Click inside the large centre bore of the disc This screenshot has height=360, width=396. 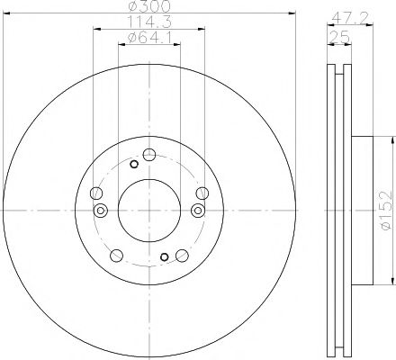[148, 208]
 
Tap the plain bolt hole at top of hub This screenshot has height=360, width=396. [149, 153]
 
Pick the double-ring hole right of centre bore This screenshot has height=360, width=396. [197, 210]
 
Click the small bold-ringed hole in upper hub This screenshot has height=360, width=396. [133, 164]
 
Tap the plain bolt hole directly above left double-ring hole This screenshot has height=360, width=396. [97, 192]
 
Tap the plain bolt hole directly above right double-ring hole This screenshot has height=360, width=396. [201, 192]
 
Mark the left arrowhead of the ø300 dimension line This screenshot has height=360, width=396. [7, 13]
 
